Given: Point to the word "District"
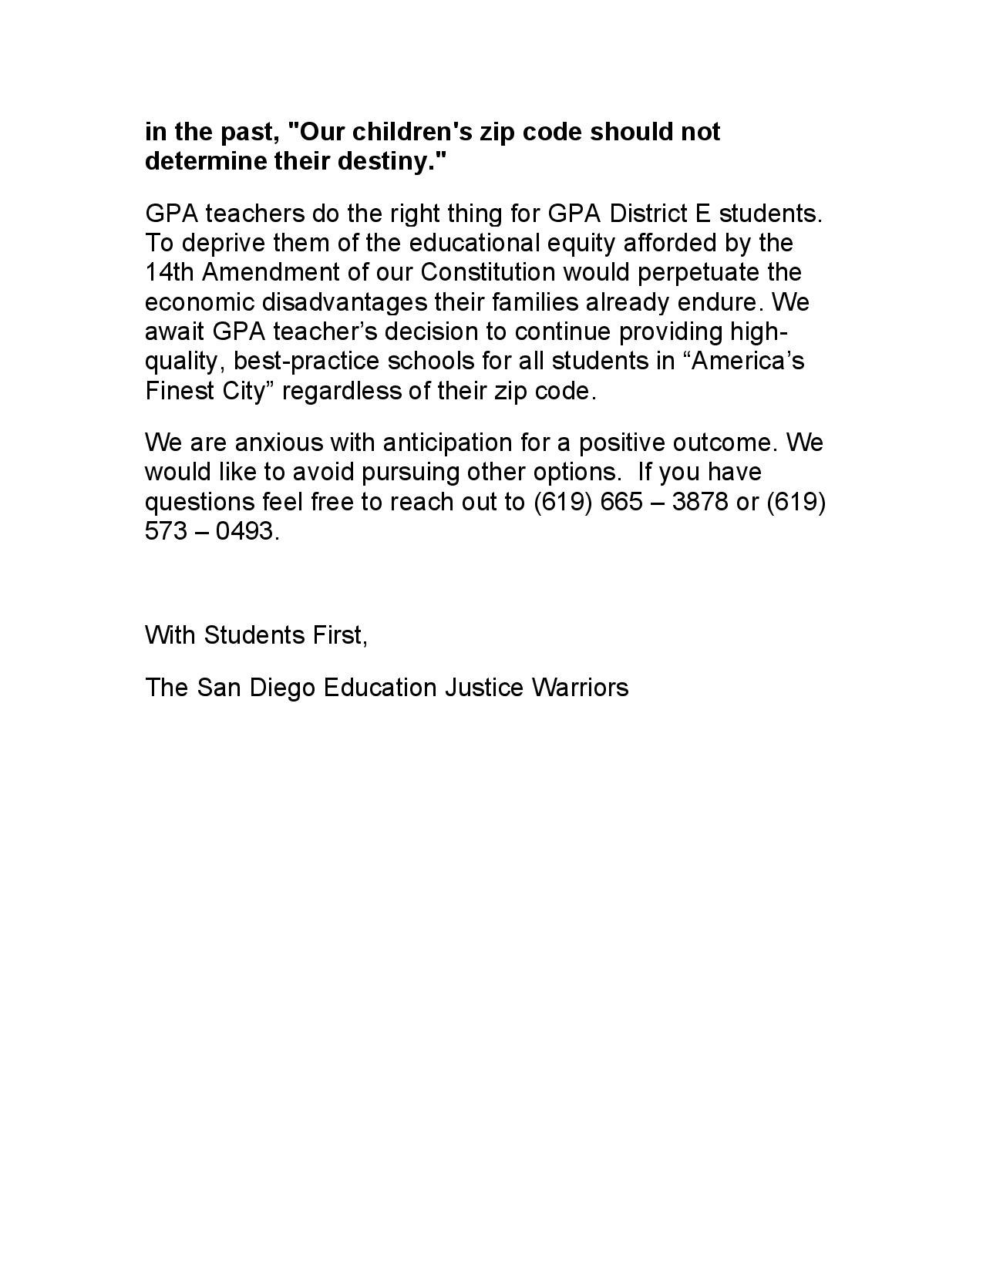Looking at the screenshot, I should pyautogui.click(x=642, y=214).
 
